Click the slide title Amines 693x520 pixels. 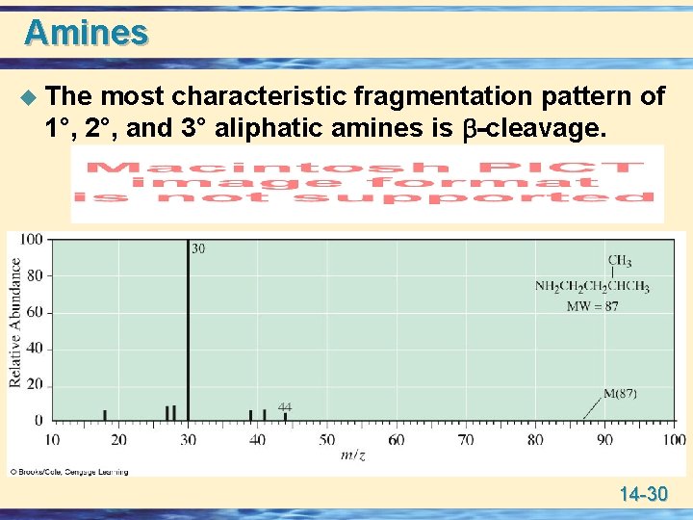[x=87, y=32]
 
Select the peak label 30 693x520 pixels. [x=198, y=248]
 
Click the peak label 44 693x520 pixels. [x=285, y=407]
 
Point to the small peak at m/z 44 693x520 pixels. [x=285, y=416]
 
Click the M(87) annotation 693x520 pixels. [x=620, y=394]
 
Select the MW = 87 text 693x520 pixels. [x=592, y=306]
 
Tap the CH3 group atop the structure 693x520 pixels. [x=620, y=260]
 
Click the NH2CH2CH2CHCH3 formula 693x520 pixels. [x=592, y=287]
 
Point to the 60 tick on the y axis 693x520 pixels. [x=34, y=312]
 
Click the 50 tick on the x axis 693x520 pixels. [x=327, y=440]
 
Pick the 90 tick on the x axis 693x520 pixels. [x=604, y=440]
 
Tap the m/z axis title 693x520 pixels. [x=354, y=455]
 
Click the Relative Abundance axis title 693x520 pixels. [x=16, y=323]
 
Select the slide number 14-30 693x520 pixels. [x=643, y=495]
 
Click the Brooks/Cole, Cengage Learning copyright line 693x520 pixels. [x=69, y=472]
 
